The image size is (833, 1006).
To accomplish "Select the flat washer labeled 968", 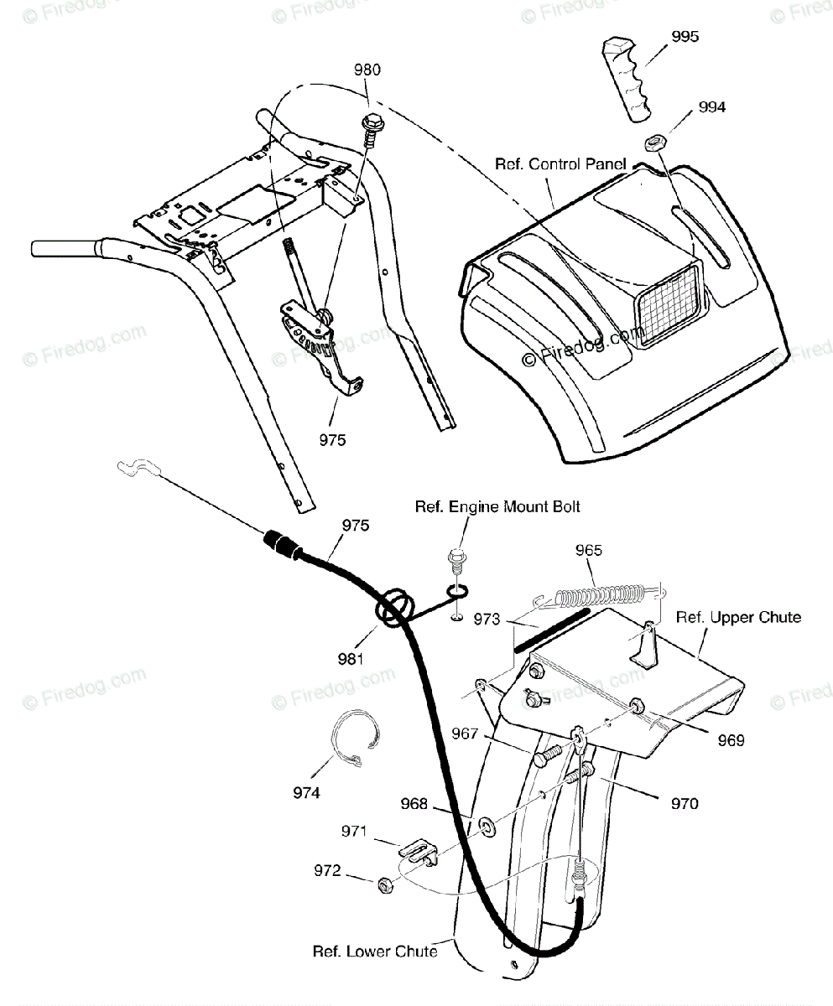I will tap(485, 829).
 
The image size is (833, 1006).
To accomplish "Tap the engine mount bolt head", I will tap(457, 555).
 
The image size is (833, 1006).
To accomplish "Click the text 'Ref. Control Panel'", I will tap(560, 164).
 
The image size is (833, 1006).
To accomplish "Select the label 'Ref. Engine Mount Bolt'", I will tap(497, 506).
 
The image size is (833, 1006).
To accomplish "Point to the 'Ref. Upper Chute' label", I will tap(738, 618).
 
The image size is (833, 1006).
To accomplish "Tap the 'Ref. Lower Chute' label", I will tap(374, 952).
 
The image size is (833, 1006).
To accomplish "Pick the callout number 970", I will tap(685, 804).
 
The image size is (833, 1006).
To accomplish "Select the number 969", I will tap(730, 740).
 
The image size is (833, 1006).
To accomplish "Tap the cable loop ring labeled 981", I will tap(398, 609).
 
